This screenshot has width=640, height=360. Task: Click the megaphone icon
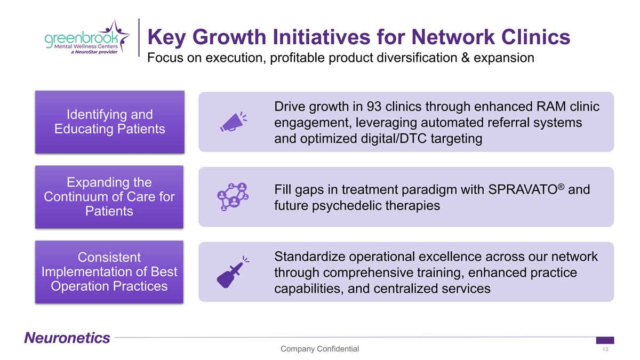click(x=234, y=122)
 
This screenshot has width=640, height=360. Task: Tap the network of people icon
click(x=233, y=197)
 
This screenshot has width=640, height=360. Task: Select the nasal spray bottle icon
click(x=233, y=272)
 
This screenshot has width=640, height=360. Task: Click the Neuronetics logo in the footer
click(x=67, y=338)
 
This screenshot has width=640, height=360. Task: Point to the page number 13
click(x=605, y=349)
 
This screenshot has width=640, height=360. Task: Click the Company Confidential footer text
click(x=319, y=349)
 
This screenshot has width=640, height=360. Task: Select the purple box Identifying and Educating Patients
click(x=110, y=122)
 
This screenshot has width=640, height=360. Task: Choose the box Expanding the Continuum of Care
click(x=109, y=197)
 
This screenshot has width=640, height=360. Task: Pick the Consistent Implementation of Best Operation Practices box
click(x=109, y=272)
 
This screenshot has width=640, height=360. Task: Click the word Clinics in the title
click(x=535, y=37)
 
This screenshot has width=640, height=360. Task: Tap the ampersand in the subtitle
click(x=466, y=58)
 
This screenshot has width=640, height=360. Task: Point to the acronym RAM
click(x=551, y=107)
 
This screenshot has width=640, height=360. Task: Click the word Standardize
click(x=310, y=257)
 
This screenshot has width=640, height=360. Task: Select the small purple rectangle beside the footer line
click(x=605, y=340)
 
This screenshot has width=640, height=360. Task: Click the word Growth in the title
click(x=229, y=37)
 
